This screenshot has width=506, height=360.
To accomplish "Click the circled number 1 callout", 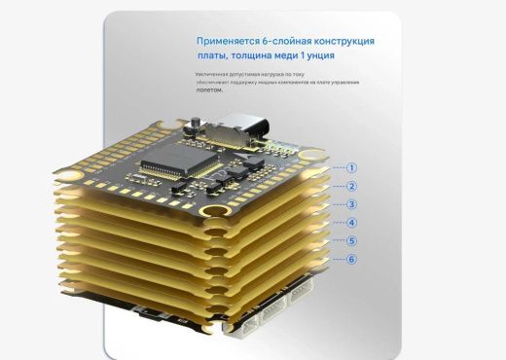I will point(352,167).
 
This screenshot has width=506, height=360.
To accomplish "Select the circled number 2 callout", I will point(352,186).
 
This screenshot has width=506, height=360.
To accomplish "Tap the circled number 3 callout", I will point(352,204).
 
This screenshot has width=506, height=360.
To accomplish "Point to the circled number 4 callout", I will point(352,223).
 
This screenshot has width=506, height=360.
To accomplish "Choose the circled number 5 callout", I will point(352,240).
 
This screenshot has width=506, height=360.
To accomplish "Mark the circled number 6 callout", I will point(352,259).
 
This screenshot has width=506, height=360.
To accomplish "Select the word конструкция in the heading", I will point(341,42).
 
